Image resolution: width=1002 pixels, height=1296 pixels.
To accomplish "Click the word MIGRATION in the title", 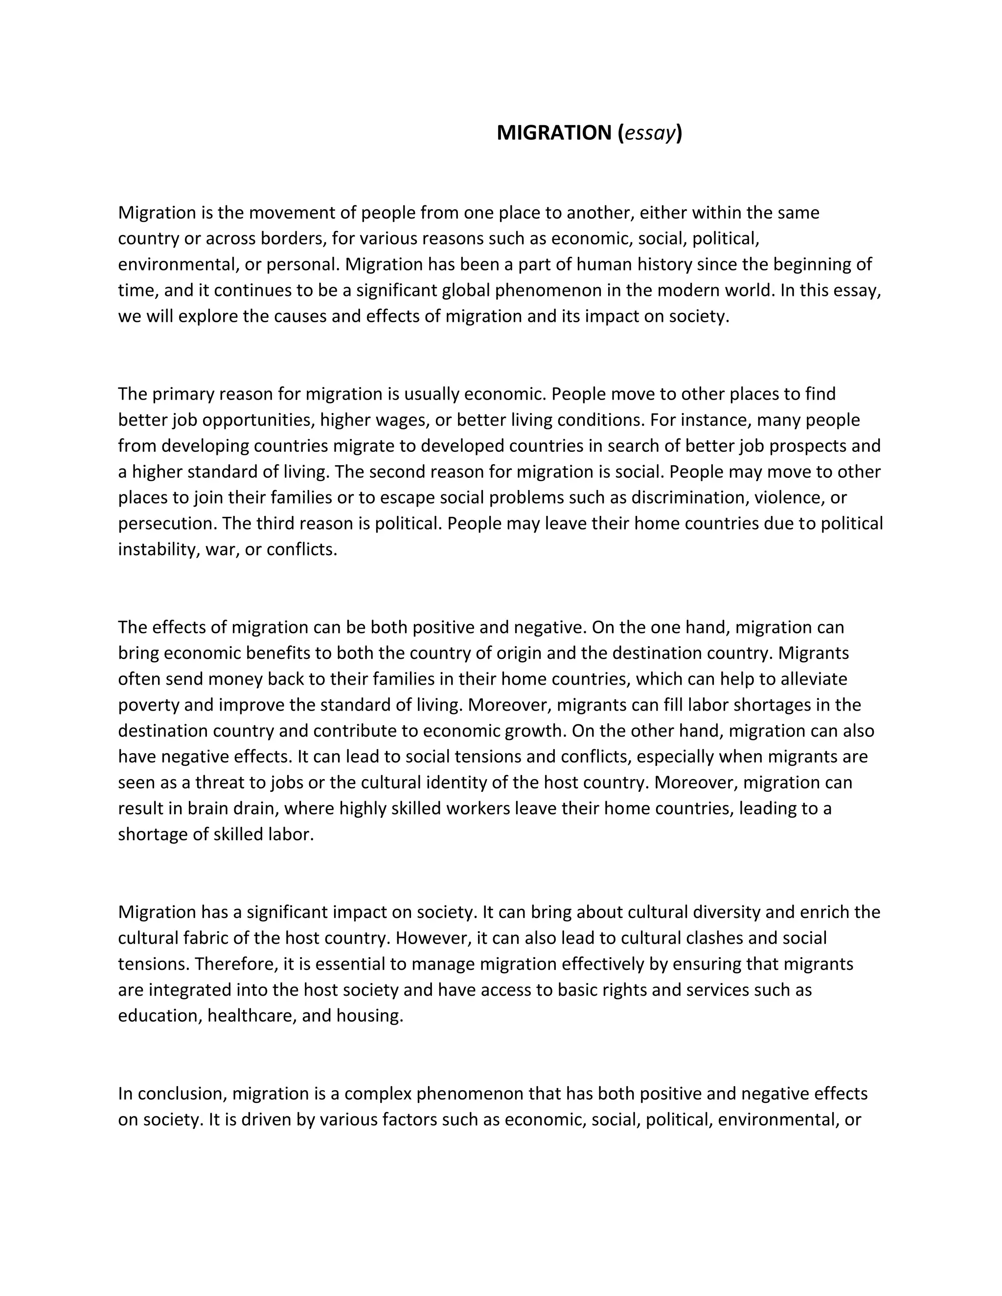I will pos(553,133).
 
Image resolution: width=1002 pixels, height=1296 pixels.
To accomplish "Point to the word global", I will pos(467,290).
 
